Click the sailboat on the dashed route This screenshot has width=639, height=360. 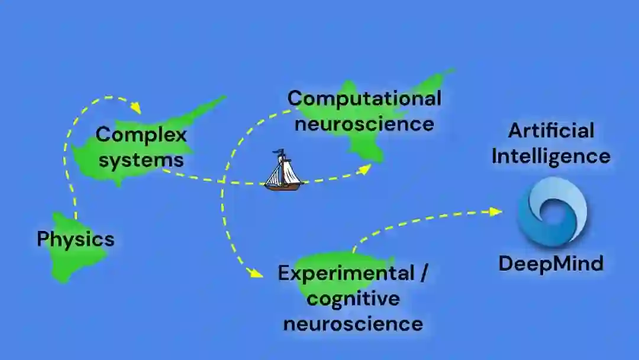tap(283, 172)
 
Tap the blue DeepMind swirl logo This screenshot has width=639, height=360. tap(551, 211)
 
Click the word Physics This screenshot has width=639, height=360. tap(76, 239)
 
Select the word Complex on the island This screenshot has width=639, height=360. tap(141, 134)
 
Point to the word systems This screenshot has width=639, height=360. tap(141, 160)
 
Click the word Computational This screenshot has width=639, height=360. tap(364, 98)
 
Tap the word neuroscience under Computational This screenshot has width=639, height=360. tap(364, 124)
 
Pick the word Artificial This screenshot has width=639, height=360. tap(551, 130)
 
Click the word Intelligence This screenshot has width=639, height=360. tap(551, 156)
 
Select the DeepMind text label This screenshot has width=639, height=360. tap(551, 263)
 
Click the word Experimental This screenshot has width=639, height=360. tap(346, 274)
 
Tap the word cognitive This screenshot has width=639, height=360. tap(353, 298)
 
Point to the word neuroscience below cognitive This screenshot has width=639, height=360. tap(353, 324)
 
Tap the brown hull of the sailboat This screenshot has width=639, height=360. tap(283, 187)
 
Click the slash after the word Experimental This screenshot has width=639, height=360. tap(422, 274)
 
